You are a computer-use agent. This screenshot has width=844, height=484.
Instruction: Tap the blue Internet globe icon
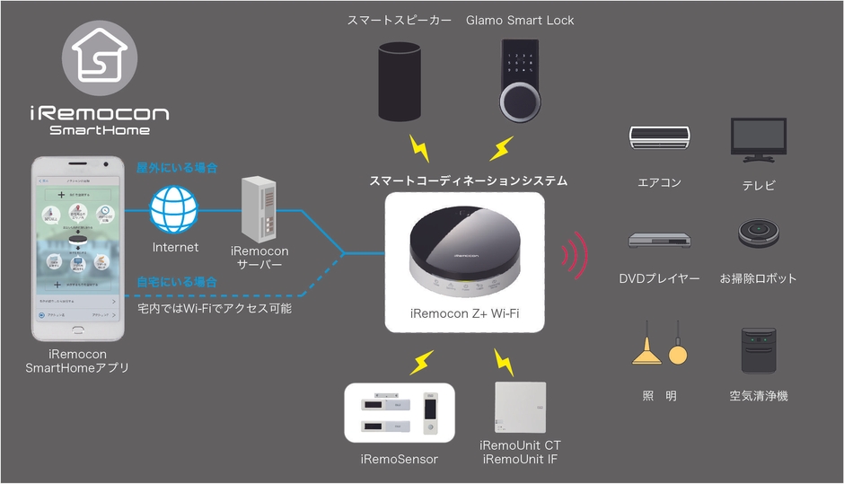(174, 210)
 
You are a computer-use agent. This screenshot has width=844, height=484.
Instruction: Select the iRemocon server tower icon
(259, 207)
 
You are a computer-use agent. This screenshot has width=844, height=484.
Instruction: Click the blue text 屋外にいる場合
(176, 168)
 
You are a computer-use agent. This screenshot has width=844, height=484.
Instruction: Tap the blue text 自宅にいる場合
(176, 282)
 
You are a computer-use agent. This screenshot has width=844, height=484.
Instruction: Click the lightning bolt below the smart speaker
(418, 146)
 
